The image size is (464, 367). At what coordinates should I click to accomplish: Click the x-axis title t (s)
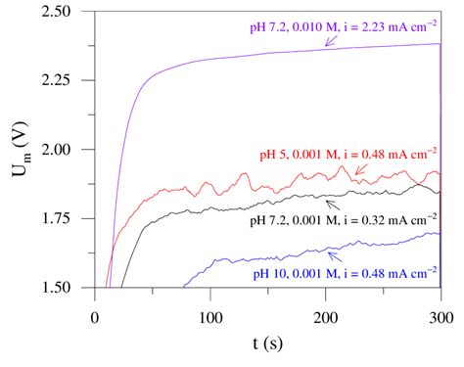pyautogui.click(x=267, y=345)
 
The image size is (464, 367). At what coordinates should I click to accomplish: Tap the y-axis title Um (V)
pyautogui.click(x=22, y=150)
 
